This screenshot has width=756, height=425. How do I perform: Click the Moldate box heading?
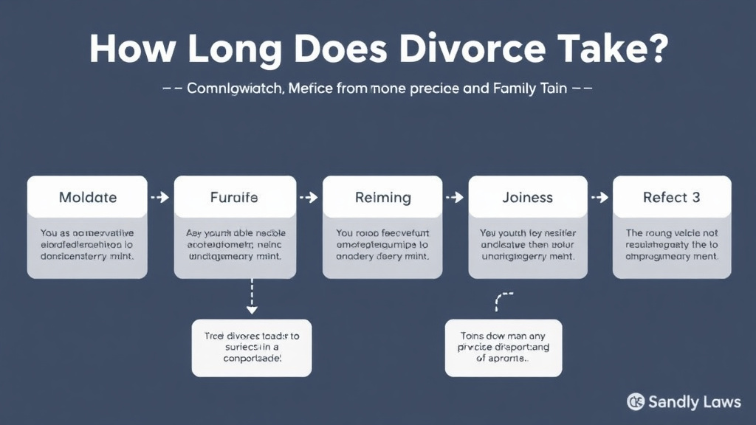[87, 198]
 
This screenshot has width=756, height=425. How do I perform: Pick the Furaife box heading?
[235, 198]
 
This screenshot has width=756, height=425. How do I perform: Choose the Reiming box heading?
[382, 198]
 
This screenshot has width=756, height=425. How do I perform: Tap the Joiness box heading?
[527, 198]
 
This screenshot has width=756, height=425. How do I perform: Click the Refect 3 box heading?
[671, 198]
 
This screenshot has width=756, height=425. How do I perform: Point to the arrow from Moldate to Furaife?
[159, 198]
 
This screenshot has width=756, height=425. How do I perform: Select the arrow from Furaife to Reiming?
[309, 198]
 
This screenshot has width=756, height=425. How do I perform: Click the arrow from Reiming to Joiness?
[455, 198]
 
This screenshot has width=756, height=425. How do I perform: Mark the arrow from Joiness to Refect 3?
[599, 198]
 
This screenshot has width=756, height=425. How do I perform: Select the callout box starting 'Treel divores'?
[252, 347]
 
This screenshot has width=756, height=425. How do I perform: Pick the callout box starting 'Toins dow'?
[504, 347]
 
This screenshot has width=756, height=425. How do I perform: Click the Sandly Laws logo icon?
[635, 401]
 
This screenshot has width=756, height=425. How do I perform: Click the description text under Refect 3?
[671, 244]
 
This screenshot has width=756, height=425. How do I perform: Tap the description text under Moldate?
[87, 244]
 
